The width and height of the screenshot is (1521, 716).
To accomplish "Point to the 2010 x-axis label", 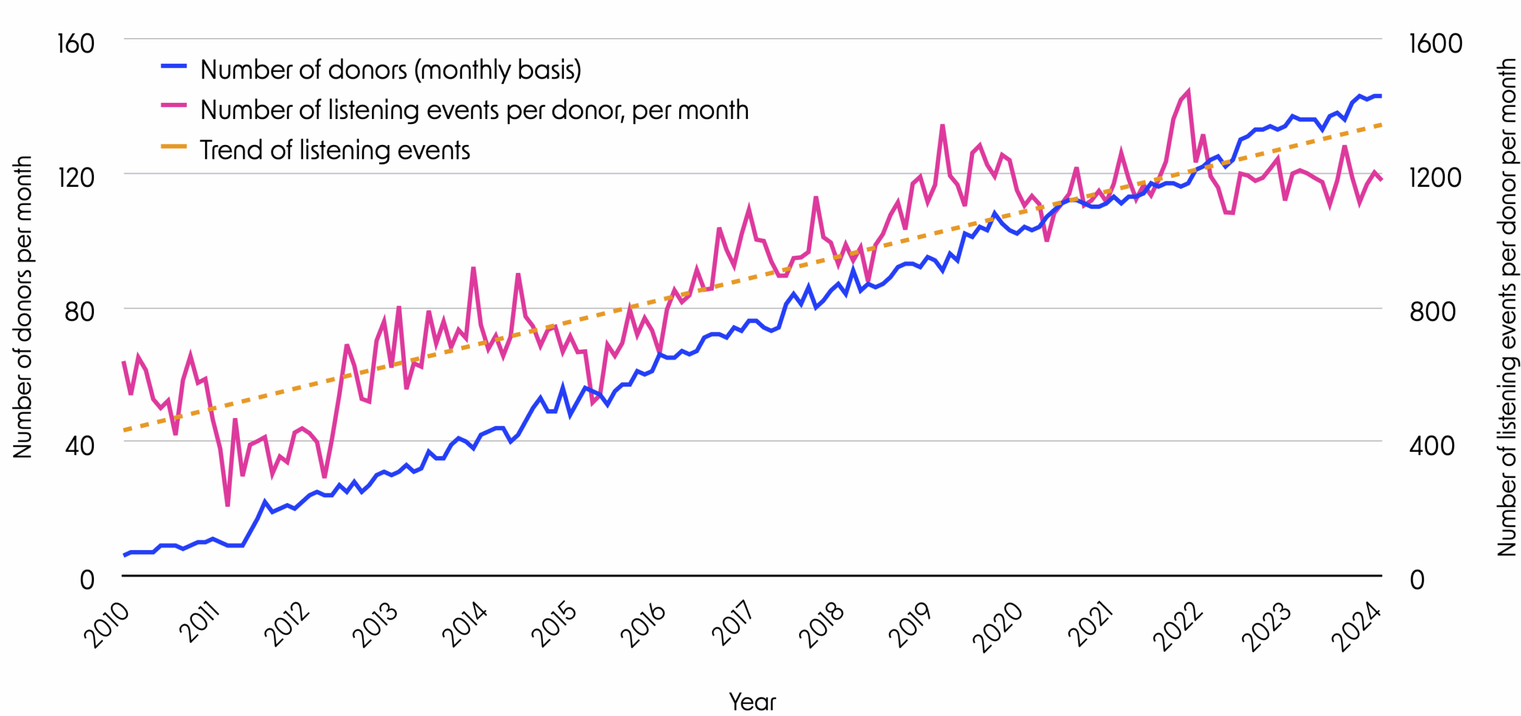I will pos(106,626).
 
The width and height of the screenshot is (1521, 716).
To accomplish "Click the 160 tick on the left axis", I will pos(75,44).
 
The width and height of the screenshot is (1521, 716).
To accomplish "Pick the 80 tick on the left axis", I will pos(79,312).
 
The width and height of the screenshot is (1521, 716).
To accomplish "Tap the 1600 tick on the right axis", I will pos(1435,44).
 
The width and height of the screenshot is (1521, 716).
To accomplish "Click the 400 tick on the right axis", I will pos(1431,445).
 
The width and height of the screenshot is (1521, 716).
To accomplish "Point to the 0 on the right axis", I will pos(1417,580).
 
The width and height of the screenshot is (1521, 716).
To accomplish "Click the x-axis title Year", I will pos(752,702).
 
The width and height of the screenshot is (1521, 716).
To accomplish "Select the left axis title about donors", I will pos(23,307).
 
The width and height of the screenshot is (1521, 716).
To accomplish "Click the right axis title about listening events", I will pos(1507,307).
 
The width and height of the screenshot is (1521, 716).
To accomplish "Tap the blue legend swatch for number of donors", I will pos(173,67).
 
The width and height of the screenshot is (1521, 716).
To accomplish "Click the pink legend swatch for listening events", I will pos(173,106).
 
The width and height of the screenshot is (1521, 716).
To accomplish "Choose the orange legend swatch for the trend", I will pos(173,146).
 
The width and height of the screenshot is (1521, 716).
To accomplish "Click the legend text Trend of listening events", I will pos(335,150).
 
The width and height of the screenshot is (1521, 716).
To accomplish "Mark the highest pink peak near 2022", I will pos(1188,92).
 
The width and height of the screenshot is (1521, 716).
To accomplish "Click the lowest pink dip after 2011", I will pos(228,505).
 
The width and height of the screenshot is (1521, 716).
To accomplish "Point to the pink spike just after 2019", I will pos(942,126).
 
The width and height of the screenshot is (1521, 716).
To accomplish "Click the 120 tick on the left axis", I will pos(75,177).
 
